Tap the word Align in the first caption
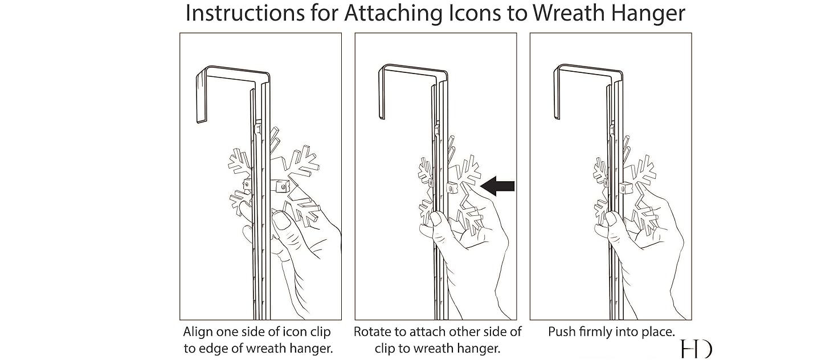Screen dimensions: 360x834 197,332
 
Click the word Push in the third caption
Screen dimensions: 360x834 561,332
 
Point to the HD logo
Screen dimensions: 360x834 696,349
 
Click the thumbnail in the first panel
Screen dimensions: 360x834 281,221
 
